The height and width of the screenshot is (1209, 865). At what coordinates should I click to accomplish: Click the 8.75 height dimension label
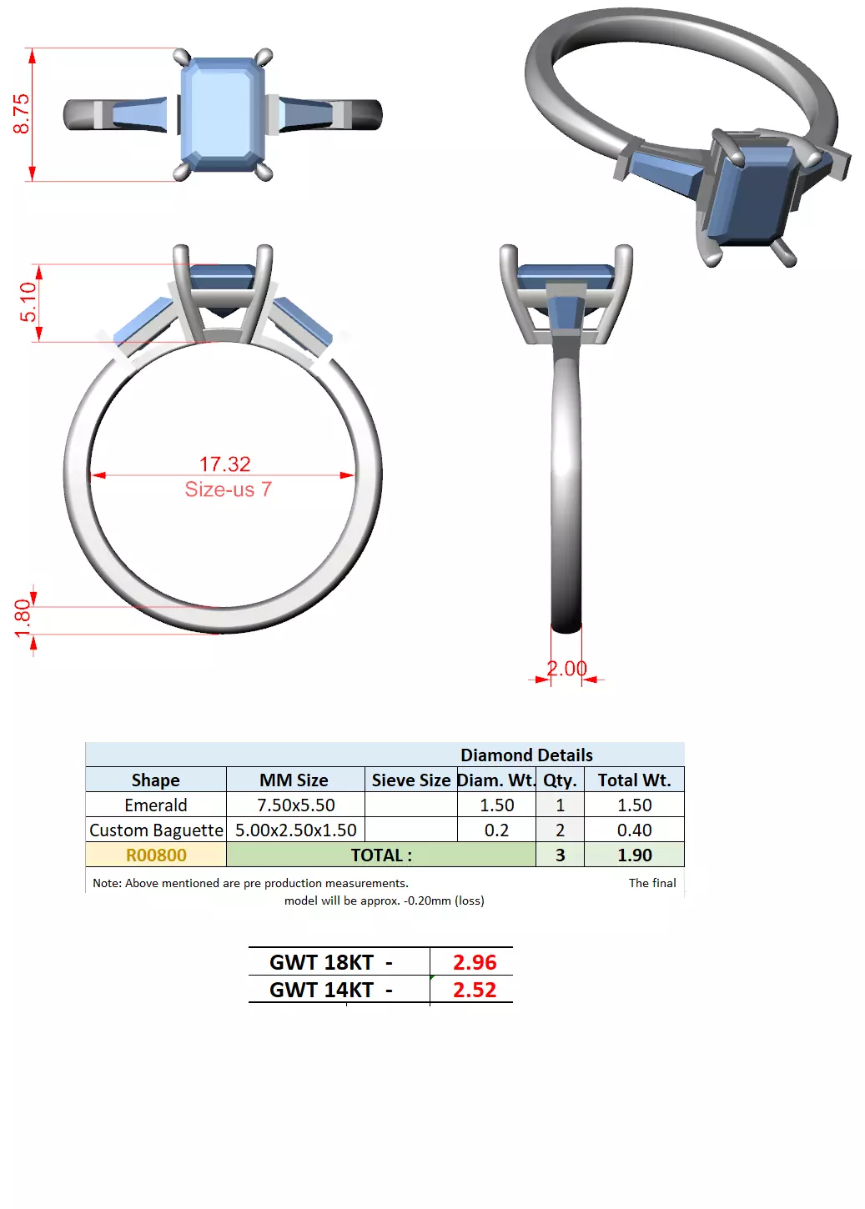click(21, 113)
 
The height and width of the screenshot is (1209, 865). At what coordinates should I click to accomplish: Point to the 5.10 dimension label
click(28, 302)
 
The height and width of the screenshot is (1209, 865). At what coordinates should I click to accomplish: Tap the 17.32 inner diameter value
click(224, 464)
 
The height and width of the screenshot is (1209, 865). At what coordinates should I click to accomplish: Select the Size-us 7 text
click(228, 489)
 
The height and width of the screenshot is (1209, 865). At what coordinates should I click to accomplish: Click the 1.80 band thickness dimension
click(23, 618)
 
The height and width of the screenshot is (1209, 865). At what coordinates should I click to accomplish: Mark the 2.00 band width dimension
click(566, 669)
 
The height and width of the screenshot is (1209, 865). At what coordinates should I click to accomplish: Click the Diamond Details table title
click(526, 755)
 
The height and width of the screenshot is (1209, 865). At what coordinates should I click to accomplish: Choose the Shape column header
click(155, 780)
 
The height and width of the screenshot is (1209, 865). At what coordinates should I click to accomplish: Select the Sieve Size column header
click(410, 780)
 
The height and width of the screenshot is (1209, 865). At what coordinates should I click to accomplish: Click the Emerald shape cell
click(155, 805)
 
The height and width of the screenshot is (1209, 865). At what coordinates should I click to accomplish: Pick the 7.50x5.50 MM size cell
click(295, 805)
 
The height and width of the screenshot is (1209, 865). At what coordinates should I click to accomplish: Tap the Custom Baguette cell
click(156, 830)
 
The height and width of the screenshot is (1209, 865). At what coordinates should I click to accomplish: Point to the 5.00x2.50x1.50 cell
click(295, 830)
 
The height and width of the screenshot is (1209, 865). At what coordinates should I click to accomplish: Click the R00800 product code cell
click(156, 855)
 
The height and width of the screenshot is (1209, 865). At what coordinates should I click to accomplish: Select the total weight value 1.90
click(634, 855)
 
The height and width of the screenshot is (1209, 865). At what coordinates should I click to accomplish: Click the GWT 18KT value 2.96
click(474, 962)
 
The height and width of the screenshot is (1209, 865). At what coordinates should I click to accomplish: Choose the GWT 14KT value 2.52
click(474, 990)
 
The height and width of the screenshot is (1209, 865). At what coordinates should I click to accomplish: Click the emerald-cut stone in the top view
click(223, 113)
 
